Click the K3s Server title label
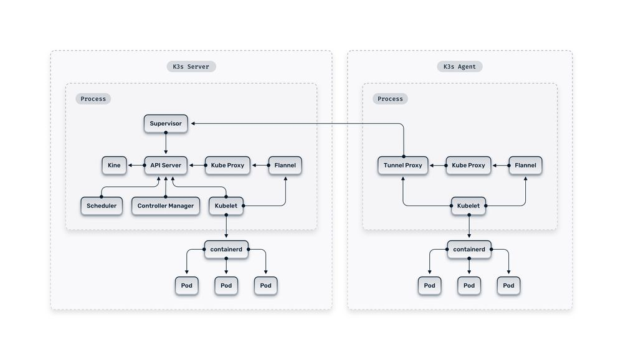[x=191, y=67]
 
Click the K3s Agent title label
[x=459, y=67]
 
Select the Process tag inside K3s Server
[x=93, y=98]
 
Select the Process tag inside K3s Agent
[x=391, y=98]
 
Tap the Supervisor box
[x=166, y=123]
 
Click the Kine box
[x=114, y=165]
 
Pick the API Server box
[x=166, y=165]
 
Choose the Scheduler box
[x=102, y=206]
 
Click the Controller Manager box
[x=166, y=206]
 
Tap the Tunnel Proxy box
[x=403, y=165]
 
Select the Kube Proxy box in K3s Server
[x=227, y=165]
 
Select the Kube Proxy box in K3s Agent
[x=468, y=165]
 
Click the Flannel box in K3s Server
[x=285, y=165]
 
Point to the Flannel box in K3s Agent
[x=525, y=165]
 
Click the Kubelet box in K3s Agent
[x=468, y=206]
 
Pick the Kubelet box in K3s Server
[x=226, y=206]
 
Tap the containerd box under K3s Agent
[x=469, y=249]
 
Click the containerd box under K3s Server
[x=226, y=249]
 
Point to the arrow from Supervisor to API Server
[x=166, y=144]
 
